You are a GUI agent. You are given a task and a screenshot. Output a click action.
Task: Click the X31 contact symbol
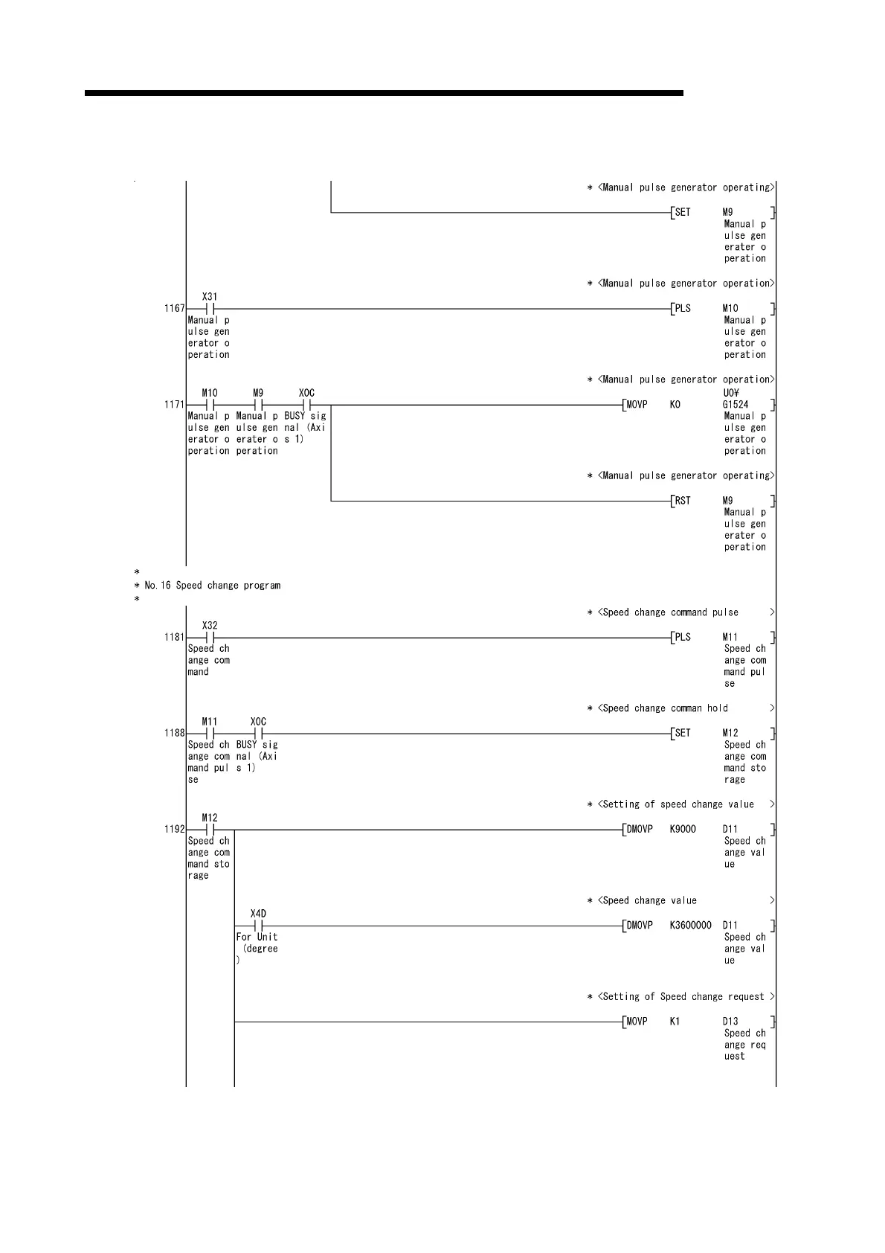pyautogui.click(x=210, y=309)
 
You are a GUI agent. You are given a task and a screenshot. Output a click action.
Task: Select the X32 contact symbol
pyautogui.click(x=210, y=638)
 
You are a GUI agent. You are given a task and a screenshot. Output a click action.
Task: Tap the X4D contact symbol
pyautogui.click(x=258, y=926)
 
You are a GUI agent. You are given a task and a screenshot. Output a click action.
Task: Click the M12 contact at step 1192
pyautogui.click(x=210, y=830)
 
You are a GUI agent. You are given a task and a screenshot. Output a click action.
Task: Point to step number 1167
pyautogui.click(x=174, y=309)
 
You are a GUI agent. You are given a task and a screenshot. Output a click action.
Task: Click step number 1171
pyautogui.click(x=174, y=405)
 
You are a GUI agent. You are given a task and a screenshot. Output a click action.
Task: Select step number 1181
pyautogui.click(x=174, y=638)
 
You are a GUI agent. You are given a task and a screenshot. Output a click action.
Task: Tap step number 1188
pyautogui.click(x=174, y=734)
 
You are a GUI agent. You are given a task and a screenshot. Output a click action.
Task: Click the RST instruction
pyautogui.click(x=682, y=501)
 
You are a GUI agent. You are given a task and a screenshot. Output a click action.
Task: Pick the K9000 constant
pyautogui.click(x=683, y=830)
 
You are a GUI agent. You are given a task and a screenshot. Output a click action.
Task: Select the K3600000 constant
pyautogui.click(x=691, y=926)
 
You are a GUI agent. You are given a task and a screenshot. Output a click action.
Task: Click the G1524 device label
pyautogui.click(x=736, y=405)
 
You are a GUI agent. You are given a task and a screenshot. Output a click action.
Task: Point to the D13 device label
pyautogui.click(x=730, y=1022)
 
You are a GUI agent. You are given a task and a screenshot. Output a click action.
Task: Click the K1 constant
pyautogui.click(x=675, y=1022)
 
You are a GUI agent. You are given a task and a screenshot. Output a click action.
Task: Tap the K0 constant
pyautogui.click(x=675, y=405)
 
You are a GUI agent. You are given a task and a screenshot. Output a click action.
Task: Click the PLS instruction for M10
pyautogui.click(x=682, y=309)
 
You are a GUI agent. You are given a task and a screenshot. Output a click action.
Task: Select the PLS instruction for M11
pyautogui.click(x=682, y=638)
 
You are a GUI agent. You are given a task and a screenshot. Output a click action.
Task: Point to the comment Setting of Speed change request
pyautogui.click(x=680, y=997)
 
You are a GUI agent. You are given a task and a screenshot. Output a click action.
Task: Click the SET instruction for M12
pyautogui.click(x=682, y=734)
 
